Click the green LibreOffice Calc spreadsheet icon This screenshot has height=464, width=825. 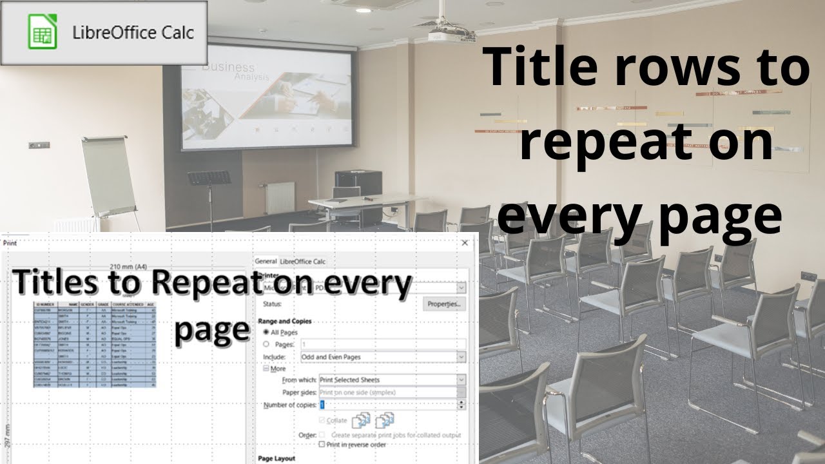tap(43, 32)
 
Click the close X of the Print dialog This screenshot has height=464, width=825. tap(465, 243)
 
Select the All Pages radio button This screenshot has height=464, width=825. tap(267, 332)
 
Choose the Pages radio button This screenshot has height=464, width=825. tap(267, 344)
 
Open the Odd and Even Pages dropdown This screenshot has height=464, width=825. tap(383, 356)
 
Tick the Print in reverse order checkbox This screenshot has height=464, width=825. tap(322, 444)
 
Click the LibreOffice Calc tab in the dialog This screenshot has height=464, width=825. tap(302, 261)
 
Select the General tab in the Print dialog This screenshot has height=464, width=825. tap(266, 261)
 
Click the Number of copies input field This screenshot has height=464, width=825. tap(388, 405)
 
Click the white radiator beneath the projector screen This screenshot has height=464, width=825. tap(280, 197)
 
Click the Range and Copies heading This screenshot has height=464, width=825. tap(284, 320)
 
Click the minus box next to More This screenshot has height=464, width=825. tap(266, 369)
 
